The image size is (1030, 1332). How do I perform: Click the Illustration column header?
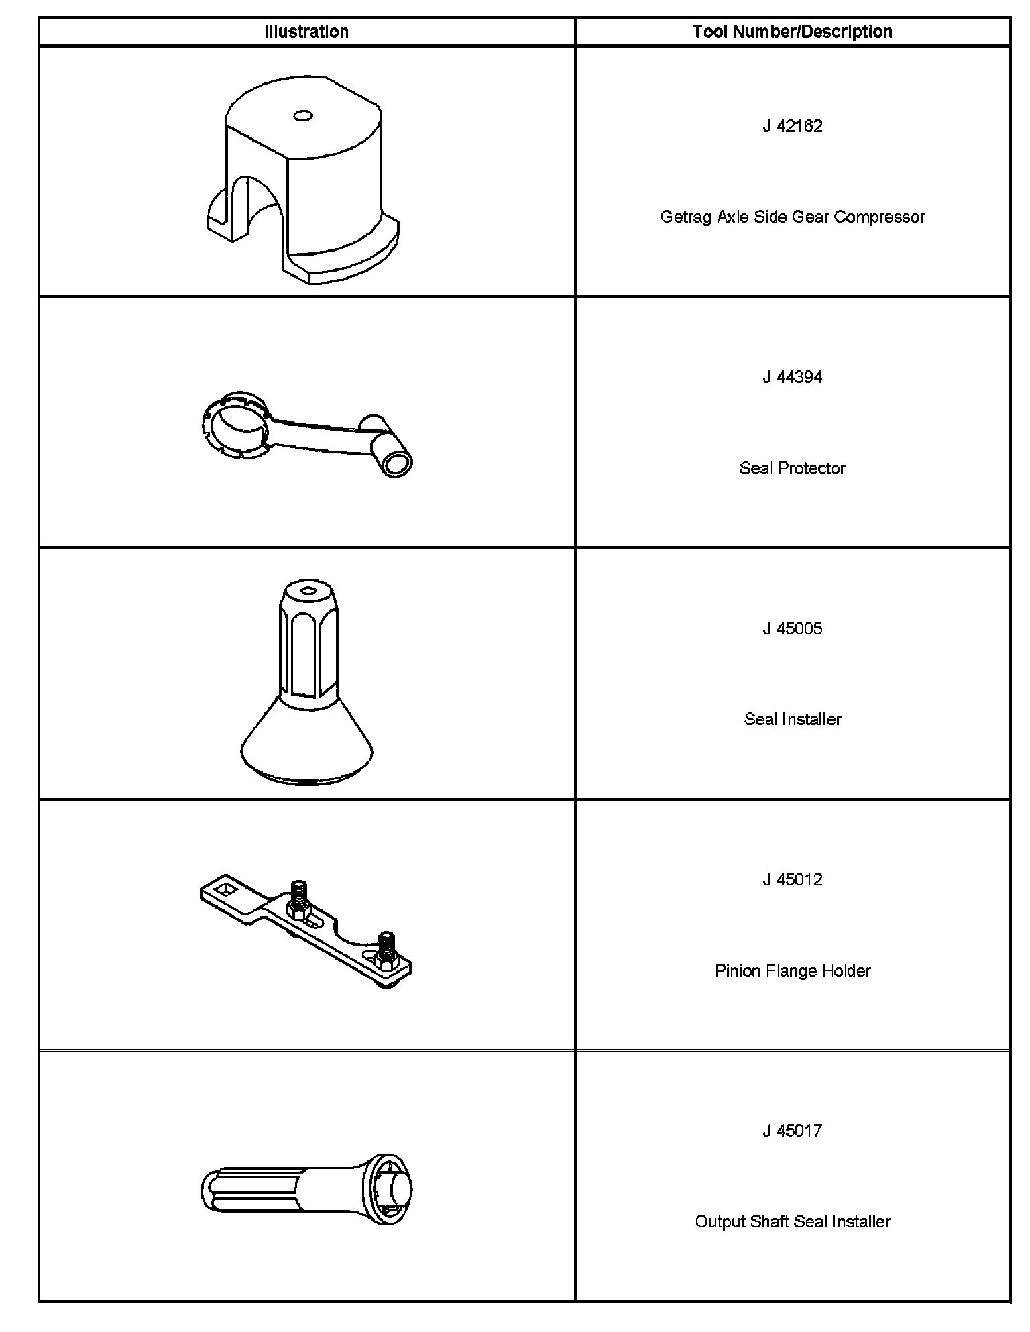(306, 32)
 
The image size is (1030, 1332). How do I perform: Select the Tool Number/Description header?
(793, 32)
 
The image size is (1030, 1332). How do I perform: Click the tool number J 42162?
(793, 126)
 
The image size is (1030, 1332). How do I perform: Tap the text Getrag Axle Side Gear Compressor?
(793, 217)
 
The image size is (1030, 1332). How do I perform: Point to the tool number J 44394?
(793, 377)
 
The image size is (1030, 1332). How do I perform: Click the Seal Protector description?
(793, 468)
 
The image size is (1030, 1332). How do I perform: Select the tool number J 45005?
(793, 628)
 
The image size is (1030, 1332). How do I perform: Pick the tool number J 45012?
(793, 879)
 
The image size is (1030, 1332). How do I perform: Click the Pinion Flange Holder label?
(793, 970)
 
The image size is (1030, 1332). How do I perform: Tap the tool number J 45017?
(793, 1131)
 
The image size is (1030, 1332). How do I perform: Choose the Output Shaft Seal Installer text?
(793, 1221)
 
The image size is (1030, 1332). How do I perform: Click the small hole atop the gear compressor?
(303, 116)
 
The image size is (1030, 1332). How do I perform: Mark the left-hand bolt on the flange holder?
(299, 899)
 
